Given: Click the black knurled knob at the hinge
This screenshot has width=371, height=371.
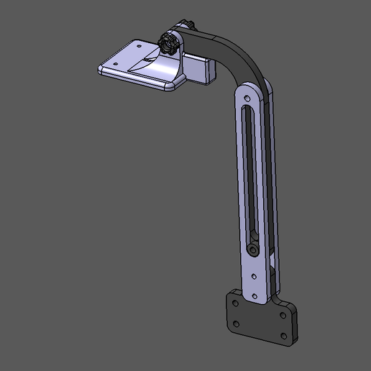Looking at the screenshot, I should (x=170, y=45).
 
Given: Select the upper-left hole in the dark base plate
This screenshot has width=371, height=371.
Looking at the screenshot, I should (x=235, y=303).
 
